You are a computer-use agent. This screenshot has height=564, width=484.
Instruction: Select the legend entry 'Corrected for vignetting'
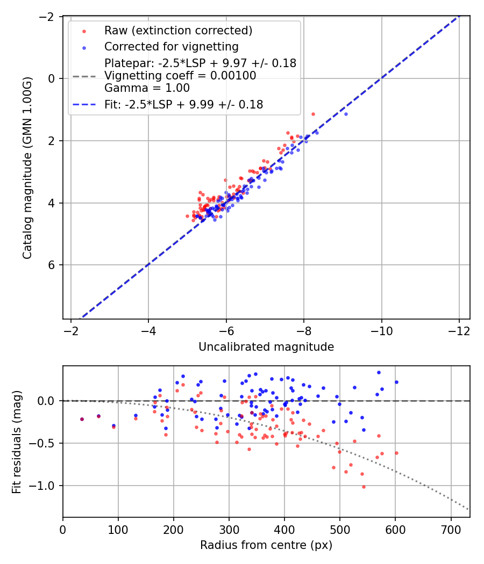tap(171, 46)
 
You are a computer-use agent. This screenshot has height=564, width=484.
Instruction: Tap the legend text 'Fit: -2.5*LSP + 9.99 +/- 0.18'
tap(183, 105)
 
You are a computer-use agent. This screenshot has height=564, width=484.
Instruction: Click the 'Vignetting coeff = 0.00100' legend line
tap(180, 76)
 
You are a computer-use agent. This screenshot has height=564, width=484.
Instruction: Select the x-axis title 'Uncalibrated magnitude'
tap(266, 347)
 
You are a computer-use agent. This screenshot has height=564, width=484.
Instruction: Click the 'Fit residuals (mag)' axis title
tap(16, 442)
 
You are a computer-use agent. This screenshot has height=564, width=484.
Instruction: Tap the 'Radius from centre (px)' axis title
tap(266, 545)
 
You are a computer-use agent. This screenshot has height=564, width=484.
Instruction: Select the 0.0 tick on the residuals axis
tap(49, 401)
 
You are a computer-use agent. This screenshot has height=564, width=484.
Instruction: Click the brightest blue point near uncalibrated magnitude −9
tap(346, 114)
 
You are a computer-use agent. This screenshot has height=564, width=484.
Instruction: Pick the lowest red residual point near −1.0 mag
tap(364, 487)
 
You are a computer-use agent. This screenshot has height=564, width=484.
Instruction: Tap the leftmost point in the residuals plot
tap(82, 419)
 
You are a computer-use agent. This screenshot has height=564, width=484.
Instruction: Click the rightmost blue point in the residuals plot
tap(396, 382)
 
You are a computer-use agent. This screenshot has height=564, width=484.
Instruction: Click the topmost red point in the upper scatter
tap(313, 114)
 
